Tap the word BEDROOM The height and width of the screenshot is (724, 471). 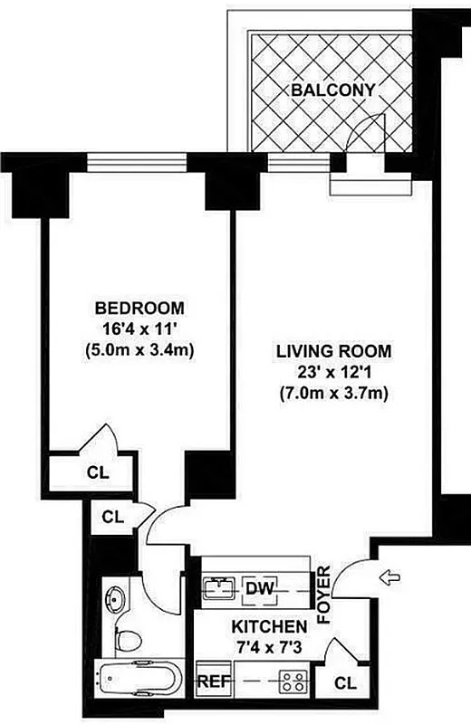(x=139, y=307)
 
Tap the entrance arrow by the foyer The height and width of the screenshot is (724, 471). (x=390, y=576)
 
